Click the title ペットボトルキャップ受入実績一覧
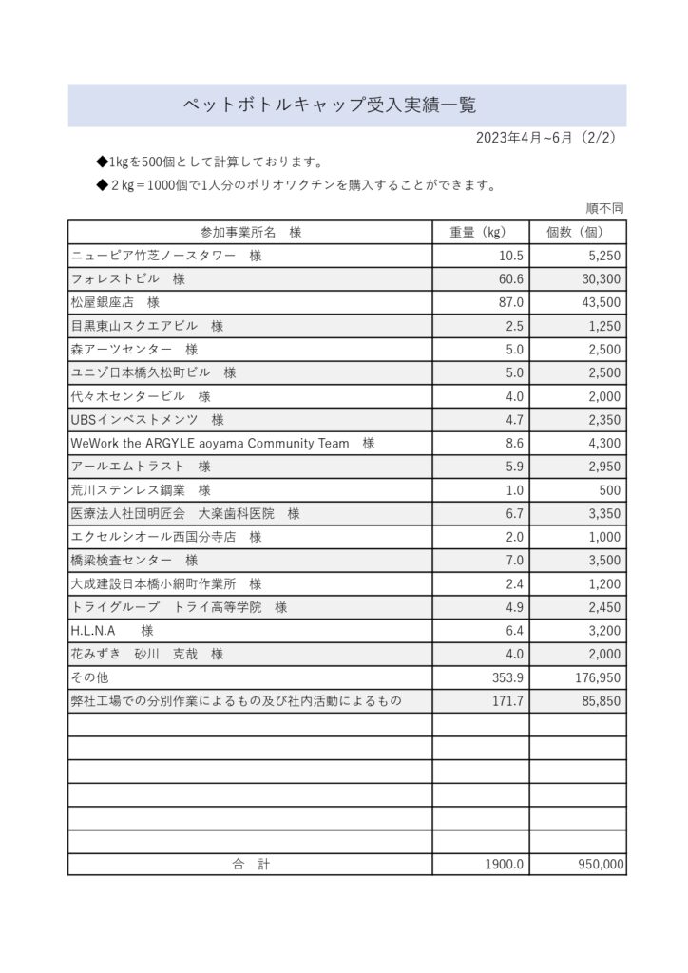[329, 105]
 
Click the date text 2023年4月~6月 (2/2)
[545, 137]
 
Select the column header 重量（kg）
[481, 232]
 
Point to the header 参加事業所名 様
[250, 232]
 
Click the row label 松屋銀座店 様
[115, 302]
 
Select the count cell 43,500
[601, 302]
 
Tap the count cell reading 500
[610, 490]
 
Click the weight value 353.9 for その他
[506, 677]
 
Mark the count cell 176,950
[597, 677]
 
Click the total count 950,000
[600, 865]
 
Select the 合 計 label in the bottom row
[251, 865]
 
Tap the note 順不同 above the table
[604, 208]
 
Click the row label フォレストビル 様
[127, 279]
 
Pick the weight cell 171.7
[506, 701]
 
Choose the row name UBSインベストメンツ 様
[147, 420]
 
